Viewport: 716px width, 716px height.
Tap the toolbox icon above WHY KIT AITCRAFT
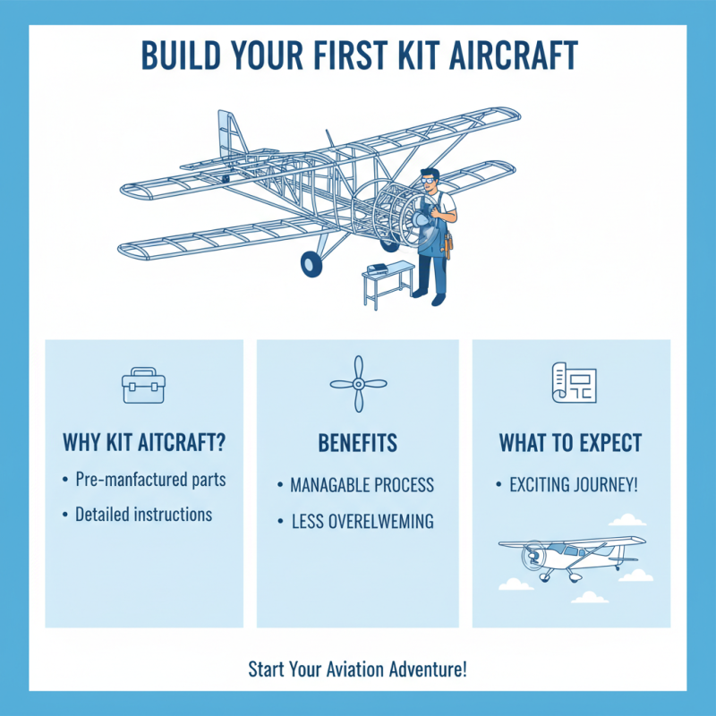point(143,385)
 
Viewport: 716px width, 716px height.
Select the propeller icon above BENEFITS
point(357,384)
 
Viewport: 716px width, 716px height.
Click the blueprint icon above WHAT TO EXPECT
point(572,383)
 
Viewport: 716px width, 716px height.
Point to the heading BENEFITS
point(357,443)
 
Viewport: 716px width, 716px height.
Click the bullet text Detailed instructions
point(143,515)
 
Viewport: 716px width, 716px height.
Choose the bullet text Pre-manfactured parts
point(150,480)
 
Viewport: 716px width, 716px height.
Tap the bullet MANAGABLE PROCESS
point(362,485)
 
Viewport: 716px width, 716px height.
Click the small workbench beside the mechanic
point(387,277)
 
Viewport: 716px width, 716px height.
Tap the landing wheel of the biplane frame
point(311,262)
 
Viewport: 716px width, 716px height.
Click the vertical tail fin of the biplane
point(229,134)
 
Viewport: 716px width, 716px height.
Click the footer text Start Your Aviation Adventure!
point(357,669)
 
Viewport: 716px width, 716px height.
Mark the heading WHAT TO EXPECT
point(571,443)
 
